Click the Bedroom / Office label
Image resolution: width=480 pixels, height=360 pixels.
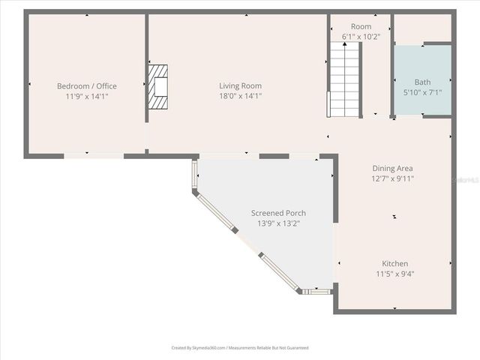87,86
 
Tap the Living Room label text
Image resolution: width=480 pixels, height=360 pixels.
240,86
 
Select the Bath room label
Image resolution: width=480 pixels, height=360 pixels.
422,82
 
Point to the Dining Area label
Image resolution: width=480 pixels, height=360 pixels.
392,169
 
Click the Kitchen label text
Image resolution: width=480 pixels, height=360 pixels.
395,263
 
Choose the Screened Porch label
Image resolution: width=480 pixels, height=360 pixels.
278,213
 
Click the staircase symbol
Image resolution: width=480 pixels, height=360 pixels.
345,78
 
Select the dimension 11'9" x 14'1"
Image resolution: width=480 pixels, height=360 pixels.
87,96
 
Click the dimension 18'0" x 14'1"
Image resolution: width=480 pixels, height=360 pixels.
240,96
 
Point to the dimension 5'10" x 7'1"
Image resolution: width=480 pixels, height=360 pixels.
422,93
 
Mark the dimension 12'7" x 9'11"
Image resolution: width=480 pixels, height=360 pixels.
392,178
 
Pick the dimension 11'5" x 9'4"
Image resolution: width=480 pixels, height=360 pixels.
395,274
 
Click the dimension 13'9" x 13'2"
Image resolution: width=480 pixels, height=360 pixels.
278,223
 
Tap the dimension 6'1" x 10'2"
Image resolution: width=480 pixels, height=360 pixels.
361,36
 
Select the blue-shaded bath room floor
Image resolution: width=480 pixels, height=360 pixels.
422,105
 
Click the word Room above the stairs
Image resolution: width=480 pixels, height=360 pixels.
361,26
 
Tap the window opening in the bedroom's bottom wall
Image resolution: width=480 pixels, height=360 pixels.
93,155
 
